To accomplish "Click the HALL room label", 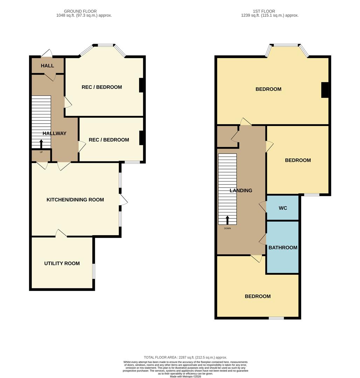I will pyautogui.click(x=47, y=66).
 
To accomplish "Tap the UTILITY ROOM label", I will pyautogui.click(x=62, y=264).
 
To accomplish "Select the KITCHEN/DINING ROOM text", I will pyautogui.click(x=75, y=200).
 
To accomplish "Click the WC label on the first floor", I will pyautogui.click(x=283, y=208).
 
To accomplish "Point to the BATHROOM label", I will pyautogui.click(x=283, y=248).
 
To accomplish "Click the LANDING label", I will pyautogui.click(x=241, y=191).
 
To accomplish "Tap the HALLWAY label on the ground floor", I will pyautogui.click(x=55, y=133).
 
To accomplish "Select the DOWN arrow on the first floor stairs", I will pyautogui.click(x=227, y=220).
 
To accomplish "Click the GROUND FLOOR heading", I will pyautogui.click(x=81, y=11).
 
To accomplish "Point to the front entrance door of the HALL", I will pyautogui.click(x=47, y=54).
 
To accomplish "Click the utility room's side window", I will pyautogui.click(x=94, y=271).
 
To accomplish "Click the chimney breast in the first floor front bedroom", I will pyautogui.click(x=325, y=90).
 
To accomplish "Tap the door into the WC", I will pyautogui.click(x=263, y=207).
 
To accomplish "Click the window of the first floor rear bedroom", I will pyautogui.click(x=276, y=318).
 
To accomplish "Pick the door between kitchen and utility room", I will pyautogui.click(x=61, y=233).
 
